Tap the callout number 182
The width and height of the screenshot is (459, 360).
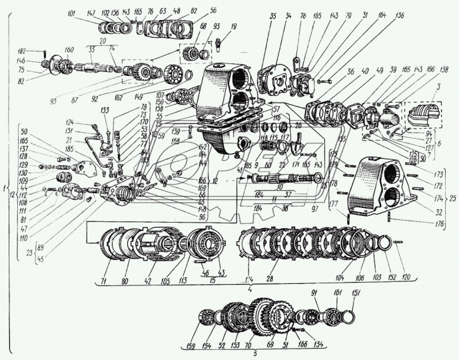click(41, 51)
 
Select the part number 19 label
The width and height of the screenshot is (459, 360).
click(233, 26)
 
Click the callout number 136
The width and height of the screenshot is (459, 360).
click(399, 15)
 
